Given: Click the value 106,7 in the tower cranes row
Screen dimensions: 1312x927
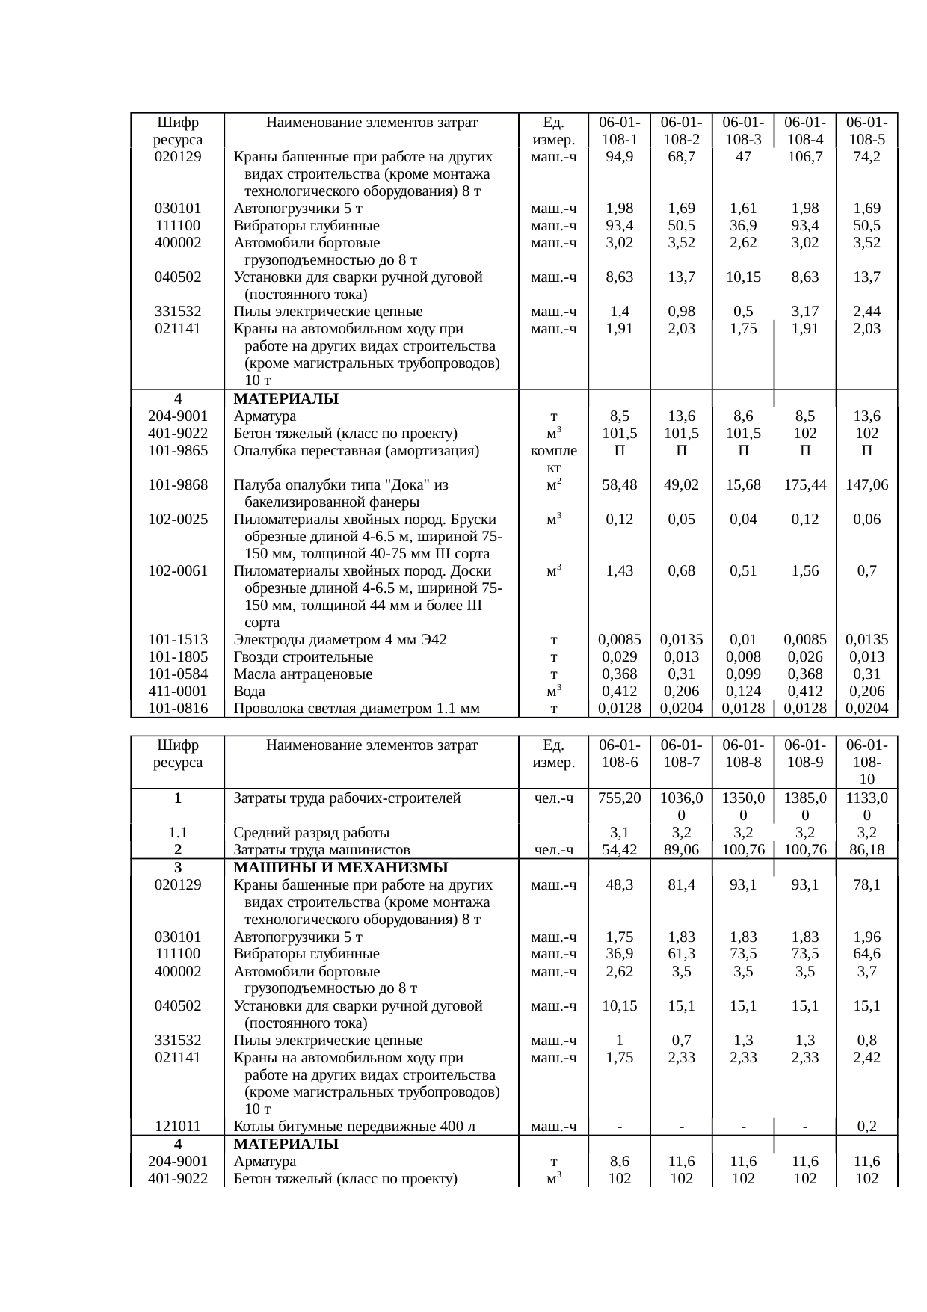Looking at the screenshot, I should pos(804,157).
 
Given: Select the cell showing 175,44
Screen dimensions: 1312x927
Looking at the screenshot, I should pos(804,485).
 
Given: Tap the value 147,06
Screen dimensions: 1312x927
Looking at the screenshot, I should pos(866,485).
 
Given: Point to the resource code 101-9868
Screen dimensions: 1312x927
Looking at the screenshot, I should pos(178,485).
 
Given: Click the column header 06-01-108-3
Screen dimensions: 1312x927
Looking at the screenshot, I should pos(743,131).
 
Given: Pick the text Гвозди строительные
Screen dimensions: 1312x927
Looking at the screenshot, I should pos(303,657).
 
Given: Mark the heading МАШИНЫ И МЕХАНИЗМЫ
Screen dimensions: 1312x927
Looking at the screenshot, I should pos(340,868).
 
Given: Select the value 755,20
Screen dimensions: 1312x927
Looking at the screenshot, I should pos(619,798).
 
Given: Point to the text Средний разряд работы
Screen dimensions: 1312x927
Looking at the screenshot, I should pos(311,833).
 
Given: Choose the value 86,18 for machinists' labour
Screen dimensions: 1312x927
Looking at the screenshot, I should pos(866,850).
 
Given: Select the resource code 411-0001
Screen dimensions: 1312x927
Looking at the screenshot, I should pos(178,692).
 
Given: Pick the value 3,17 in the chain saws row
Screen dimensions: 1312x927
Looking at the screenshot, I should pos(804,312).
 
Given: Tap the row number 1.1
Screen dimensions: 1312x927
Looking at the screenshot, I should pos(178,833).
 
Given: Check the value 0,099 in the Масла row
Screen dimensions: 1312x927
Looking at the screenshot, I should pos(743,674).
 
